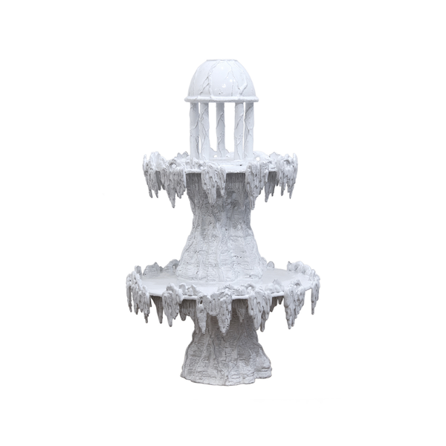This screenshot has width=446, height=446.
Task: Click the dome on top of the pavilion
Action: [222, 80]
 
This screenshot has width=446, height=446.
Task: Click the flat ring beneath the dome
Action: [222, 98]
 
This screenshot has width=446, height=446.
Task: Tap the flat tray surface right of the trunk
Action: [286, 277]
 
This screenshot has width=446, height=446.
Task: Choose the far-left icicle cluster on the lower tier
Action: [137, 290]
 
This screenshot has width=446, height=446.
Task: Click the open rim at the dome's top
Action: [221, 63]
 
